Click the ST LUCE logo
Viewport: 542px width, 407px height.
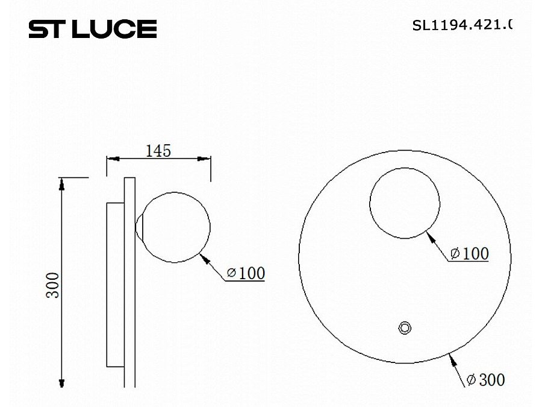[x=93, y=28]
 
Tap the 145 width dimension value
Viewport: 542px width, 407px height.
[x=158, y=150]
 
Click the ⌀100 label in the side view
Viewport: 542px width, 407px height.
[x=246, y=273]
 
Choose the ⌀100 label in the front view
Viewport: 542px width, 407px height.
[x=470, y=254]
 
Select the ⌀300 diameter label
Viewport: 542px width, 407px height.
[x=485, y=380]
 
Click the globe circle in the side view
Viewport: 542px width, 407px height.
[x=175, y=228]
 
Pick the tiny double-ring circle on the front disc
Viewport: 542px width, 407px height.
[x=405, y=327]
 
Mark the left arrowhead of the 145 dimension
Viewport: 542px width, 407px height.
[x=111, y=159]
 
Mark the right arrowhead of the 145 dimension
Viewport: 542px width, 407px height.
[x=206, y=159]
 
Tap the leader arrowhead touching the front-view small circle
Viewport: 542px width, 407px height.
[x=429, y=236]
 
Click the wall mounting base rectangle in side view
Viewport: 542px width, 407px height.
[x=115, y=285]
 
